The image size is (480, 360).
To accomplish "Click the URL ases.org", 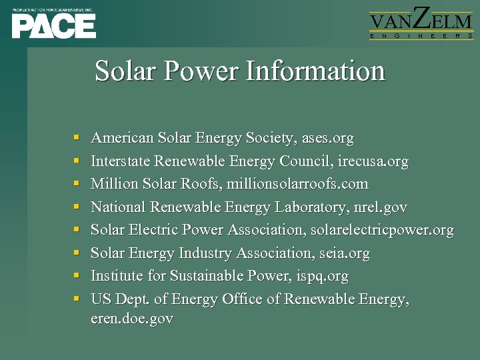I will [x=327, y=139].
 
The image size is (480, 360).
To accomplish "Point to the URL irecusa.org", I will [x=373, y=161].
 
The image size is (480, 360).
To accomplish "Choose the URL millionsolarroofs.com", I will [x=297, y=184].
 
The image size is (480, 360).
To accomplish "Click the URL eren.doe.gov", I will [x=131, y=319].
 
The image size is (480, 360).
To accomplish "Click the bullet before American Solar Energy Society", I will [x=77, y=139].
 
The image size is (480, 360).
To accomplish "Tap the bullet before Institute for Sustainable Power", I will [x=77, y=277].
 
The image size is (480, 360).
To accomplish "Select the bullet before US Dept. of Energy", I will [x=77, y=299].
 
